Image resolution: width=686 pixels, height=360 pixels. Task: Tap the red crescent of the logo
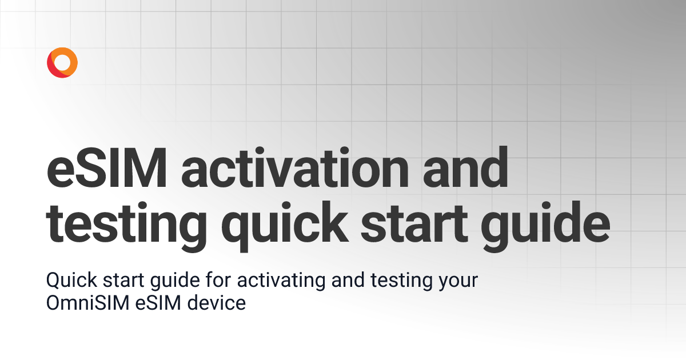tap(53, 69)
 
